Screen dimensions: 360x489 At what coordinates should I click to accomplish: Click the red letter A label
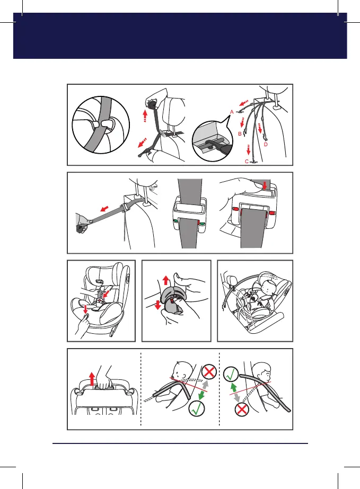(232, 112)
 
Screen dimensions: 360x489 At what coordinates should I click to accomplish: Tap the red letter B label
(240, 134)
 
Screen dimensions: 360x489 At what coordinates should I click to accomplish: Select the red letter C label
(247, 162)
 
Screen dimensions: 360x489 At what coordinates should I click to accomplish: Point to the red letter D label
(266, 145)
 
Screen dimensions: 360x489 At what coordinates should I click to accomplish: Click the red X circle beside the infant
(209, 372)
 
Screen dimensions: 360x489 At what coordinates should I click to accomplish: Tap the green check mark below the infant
(197, 408)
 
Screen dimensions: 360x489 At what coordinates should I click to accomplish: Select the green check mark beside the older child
(231, 375)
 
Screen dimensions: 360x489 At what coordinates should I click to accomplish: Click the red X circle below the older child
(242, 409)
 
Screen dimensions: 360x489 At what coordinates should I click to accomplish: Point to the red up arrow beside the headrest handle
(92, 379)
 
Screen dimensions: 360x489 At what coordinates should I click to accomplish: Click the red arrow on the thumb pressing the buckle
(265, 186)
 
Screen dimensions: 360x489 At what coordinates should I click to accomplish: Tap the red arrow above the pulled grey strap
(104, 208)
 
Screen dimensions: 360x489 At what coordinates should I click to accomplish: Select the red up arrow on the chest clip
(166, 280)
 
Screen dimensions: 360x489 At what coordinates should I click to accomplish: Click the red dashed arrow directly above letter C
(248, 150)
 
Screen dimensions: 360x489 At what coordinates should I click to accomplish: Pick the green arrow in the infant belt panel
(201, 395)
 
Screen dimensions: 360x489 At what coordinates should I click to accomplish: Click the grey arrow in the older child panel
(237, 397)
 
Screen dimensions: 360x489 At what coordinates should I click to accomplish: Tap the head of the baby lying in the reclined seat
(268, 287)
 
